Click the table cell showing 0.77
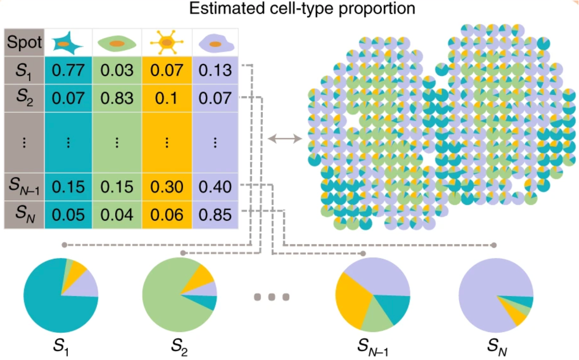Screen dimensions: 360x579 68,71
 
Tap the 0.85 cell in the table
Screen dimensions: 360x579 215,214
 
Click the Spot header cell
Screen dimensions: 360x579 24,42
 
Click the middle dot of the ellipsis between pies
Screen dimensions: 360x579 272,297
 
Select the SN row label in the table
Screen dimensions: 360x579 24,214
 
